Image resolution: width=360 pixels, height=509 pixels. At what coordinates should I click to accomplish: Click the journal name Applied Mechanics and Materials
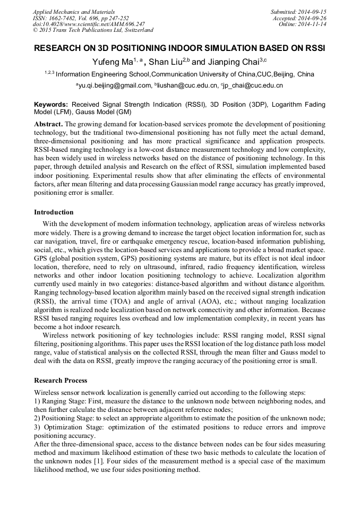74,12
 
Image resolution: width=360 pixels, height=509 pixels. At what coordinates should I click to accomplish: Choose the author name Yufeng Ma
112,62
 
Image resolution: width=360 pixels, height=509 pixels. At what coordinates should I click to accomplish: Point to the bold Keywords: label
52,105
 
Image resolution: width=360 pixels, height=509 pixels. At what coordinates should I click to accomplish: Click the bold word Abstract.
48,124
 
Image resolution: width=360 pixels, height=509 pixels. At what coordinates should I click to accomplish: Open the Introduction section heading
54,212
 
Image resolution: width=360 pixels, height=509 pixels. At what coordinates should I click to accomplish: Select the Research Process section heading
61,381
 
